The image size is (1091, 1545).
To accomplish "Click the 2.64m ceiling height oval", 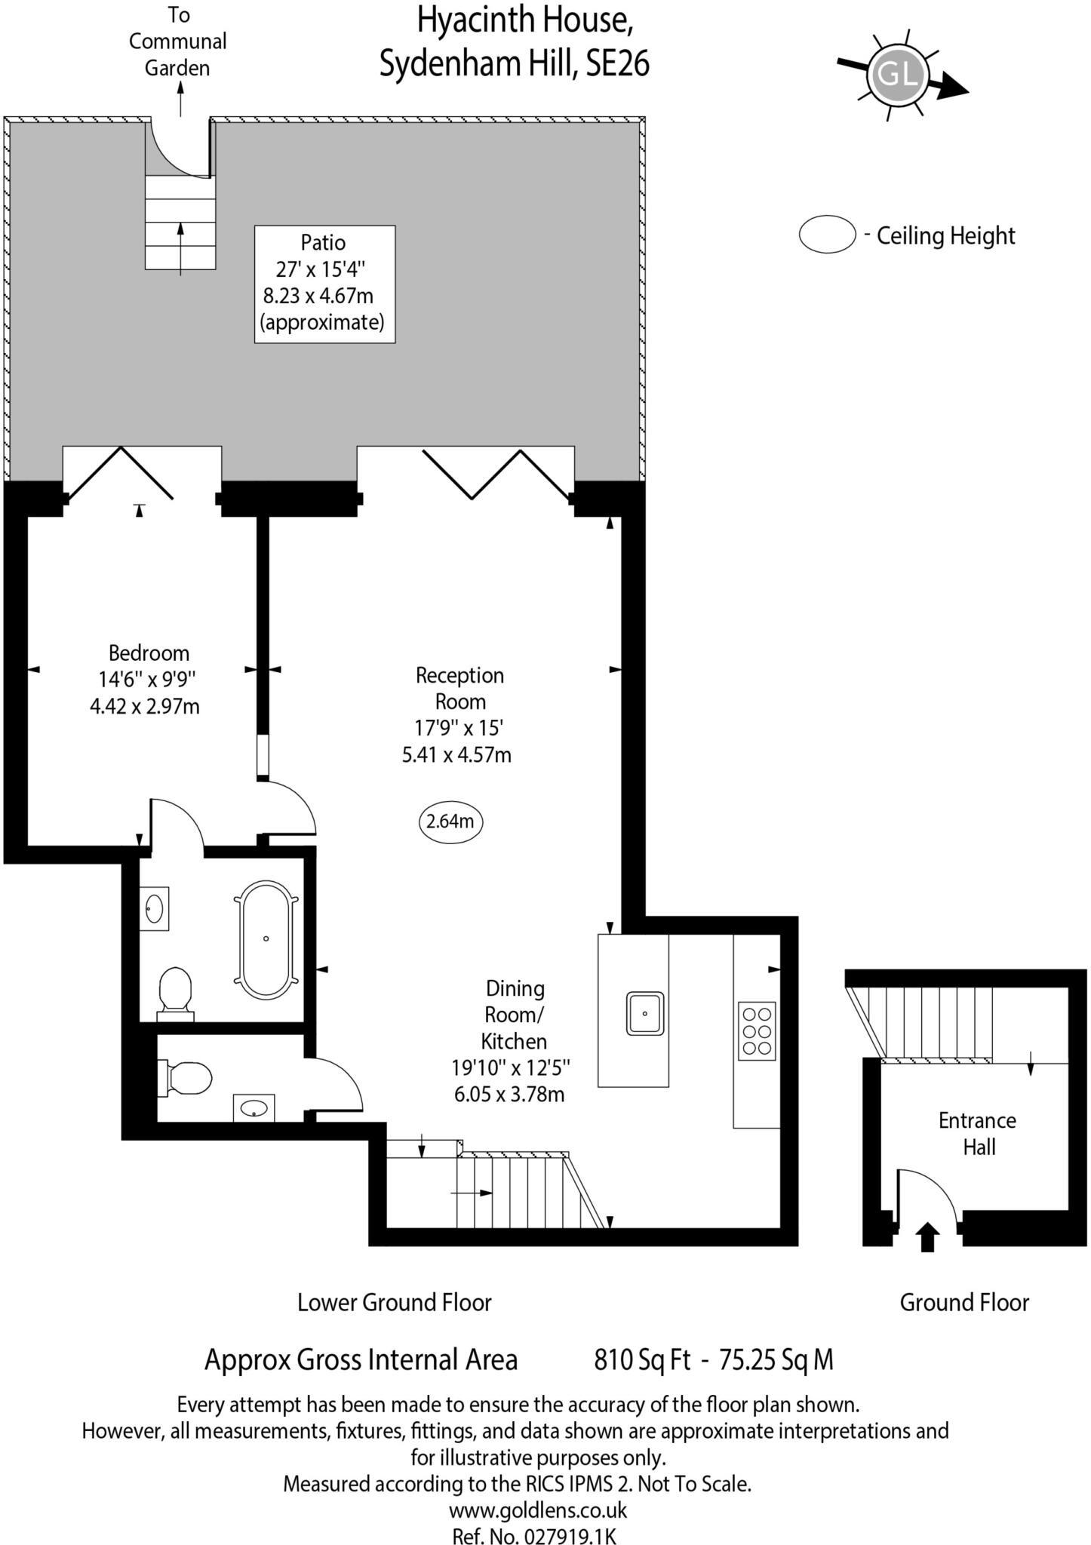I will tap(450, 822).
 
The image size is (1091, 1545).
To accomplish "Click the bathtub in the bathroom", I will tap(266, 938).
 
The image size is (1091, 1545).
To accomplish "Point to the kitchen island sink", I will tap(644, 1013).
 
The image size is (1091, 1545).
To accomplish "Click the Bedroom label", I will tap(148, 653).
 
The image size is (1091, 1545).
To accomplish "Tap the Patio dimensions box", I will tap(324, 284).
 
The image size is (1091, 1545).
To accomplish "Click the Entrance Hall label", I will tap(978, 1133).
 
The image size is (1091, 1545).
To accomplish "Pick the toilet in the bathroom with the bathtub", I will tap(176, 991).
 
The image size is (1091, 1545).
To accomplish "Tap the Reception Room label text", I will tap(459, 688).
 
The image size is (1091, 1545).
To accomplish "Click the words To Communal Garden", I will tap(177, 41).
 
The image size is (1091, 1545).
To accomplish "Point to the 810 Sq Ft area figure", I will tap(642, 1359).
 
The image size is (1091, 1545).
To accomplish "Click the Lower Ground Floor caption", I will tap(394, 1302).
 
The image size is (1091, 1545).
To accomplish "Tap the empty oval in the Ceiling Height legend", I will tap(827, 235).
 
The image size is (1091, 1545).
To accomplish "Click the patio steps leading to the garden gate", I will tap(180, 223).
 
